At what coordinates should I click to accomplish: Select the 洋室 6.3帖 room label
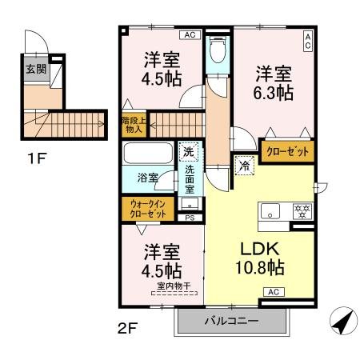(274, 82)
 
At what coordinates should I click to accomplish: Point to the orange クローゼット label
(285, 150)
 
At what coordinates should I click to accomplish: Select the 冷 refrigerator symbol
(243, 166)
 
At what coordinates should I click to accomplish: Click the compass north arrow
(341, 323)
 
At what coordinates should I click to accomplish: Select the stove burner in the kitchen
(302, 211)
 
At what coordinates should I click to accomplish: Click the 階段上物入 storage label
(133, 124)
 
